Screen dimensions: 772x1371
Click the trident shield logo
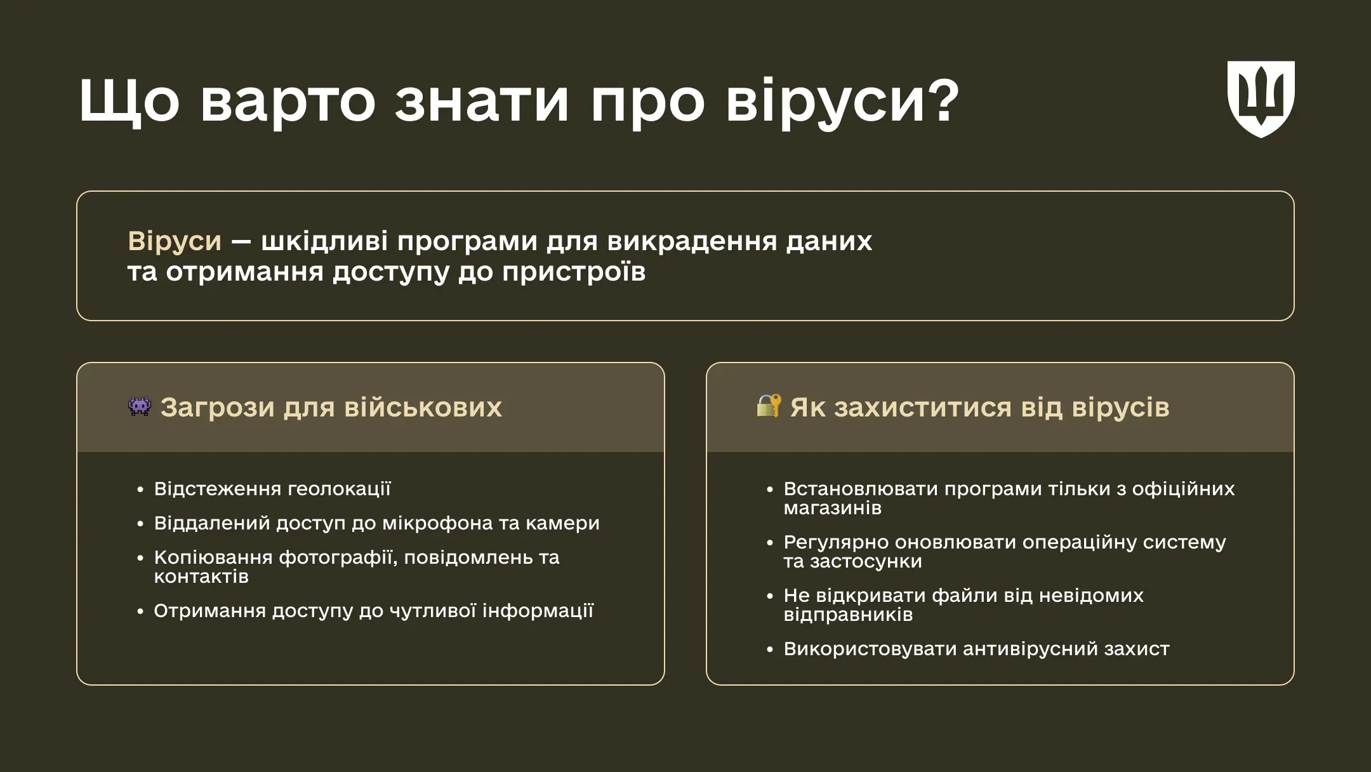(1261, 98)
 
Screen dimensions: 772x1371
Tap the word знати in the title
(481, 102)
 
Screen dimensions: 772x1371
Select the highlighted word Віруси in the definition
(175, 241)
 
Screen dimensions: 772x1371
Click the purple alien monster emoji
(140, 406)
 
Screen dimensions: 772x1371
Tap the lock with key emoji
(769, 406)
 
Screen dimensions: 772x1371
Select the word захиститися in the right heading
(922, 408)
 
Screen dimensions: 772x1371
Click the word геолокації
(339, 489)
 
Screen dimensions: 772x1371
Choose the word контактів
(201, 576)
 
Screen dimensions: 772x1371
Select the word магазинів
(832, 508)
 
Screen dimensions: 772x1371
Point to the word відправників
(848, 615)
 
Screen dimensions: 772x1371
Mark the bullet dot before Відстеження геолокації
(140, 489)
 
